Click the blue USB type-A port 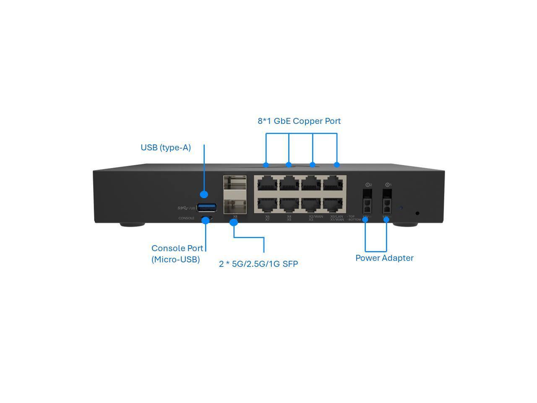click(207, 207)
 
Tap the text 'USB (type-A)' click(166, 148)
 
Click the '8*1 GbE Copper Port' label click(299, 121)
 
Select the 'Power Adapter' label click(384, 258)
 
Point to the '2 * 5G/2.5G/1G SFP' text click(258, 264)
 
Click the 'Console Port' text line click(177, 248)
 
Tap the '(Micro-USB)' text click(175, 259)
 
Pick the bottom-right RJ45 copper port click(334, 204)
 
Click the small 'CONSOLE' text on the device click(186, 218)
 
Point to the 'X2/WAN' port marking click(315, 217)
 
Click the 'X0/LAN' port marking click(336, 217)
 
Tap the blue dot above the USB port click(204, 194)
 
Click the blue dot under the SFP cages click(234, 222)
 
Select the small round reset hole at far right click(417, 213)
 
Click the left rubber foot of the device click(132, 225)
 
